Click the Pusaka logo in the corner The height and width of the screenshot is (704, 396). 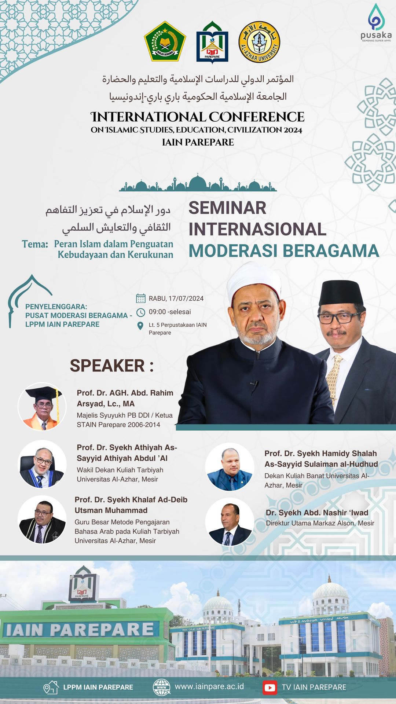click(376, 22)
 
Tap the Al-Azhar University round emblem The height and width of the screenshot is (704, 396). click(259, 42)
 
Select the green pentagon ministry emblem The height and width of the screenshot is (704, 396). click(165, 41)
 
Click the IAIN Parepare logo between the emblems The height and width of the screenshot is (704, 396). click(212, 42)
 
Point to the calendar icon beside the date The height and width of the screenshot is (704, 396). click(140, 298)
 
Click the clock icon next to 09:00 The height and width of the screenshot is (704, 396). click(140, 312)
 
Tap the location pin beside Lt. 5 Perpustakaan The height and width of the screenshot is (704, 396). click(140, 326)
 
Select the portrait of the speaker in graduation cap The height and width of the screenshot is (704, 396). click(42, 407)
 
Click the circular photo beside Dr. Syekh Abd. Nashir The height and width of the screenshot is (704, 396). click(230, 522)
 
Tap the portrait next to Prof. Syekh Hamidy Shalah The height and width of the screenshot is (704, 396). click(230, 467)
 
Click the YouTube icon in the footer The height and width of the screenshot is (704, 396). click(270, 687)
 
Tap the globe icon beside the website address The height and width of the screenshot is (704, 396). click(162, 687)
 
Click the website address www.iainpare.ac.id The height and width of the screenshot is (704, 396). click(209, 686)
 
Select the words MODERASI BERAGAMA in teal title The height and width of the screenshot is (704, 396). click(284, 251)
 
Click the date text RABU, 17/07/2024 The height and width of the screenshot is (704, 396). click(176, 298)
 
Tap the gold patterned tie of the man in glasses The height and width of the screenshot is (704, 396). click(333, 379)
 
